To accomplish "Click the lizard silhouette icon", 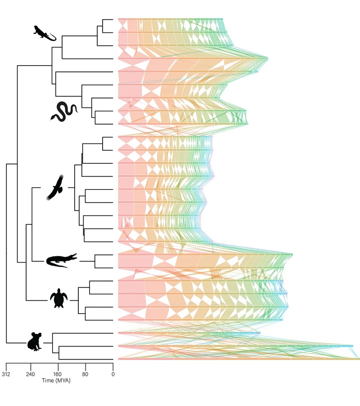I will click(x=44, y=33).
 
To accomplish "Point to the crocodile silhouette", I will click(x=62, y=260).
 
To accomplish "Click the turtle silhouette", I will click(x=59, y=298).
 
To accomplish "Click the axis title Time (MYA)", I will click(x=56, y=380).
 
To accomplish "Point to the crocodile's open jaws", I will click(x=73, y=257).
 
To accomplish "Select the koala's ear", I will click(x=31, y=335).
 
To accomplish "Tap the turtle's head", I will click(x=59, y=290).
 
